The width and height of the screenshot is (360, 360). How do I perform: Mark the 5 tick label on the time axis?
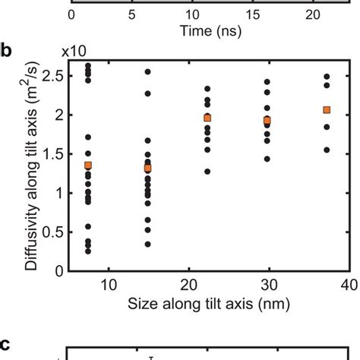pyautogui.click(x=133, y=14)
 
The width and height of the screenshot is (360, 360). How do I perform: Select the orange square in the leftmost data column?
pyautogui.click(x=88, y=166)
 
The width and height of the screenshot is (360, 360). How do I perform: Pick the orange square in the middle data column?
pyautogui.click(x=207, y=118)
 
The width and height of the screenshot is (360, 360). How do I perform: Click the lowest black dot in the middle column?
pyautogui.click(x=207, y=172)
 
